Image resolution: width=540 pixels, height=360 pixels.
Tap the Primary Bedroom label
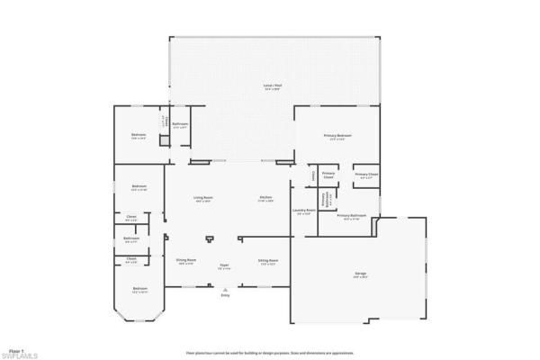point(338,136)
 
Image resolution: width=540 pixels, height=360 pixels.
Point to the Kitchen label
point(266,198)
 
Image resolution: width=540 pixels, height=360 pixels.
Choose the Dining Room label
point(186,261)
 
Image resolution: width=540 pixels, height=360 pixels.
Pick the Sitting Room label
point(268,261)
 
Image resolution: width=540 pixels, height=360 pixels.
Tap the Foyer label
point(225,266)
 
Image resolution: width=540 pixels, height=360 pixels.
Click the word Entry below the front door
point(225,295)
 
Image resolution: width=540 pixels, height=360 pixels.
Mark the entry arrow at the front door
point(225,288)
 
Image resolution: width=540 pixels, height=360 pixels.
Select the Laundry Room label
point(303,211)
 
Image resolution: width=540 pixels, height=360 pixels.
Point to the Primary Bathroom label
point(351,217)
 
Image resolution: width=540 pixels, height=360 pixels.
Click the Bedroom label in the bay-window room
point(139,290)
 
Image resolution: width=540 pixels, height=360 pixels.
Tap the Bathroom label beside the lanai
point(180,125)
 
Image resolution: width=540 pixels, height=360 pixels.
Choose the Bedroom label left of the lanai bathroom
point(139,136)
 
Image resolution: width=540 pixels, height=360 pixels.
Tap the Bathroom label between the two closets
point(130,238)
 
